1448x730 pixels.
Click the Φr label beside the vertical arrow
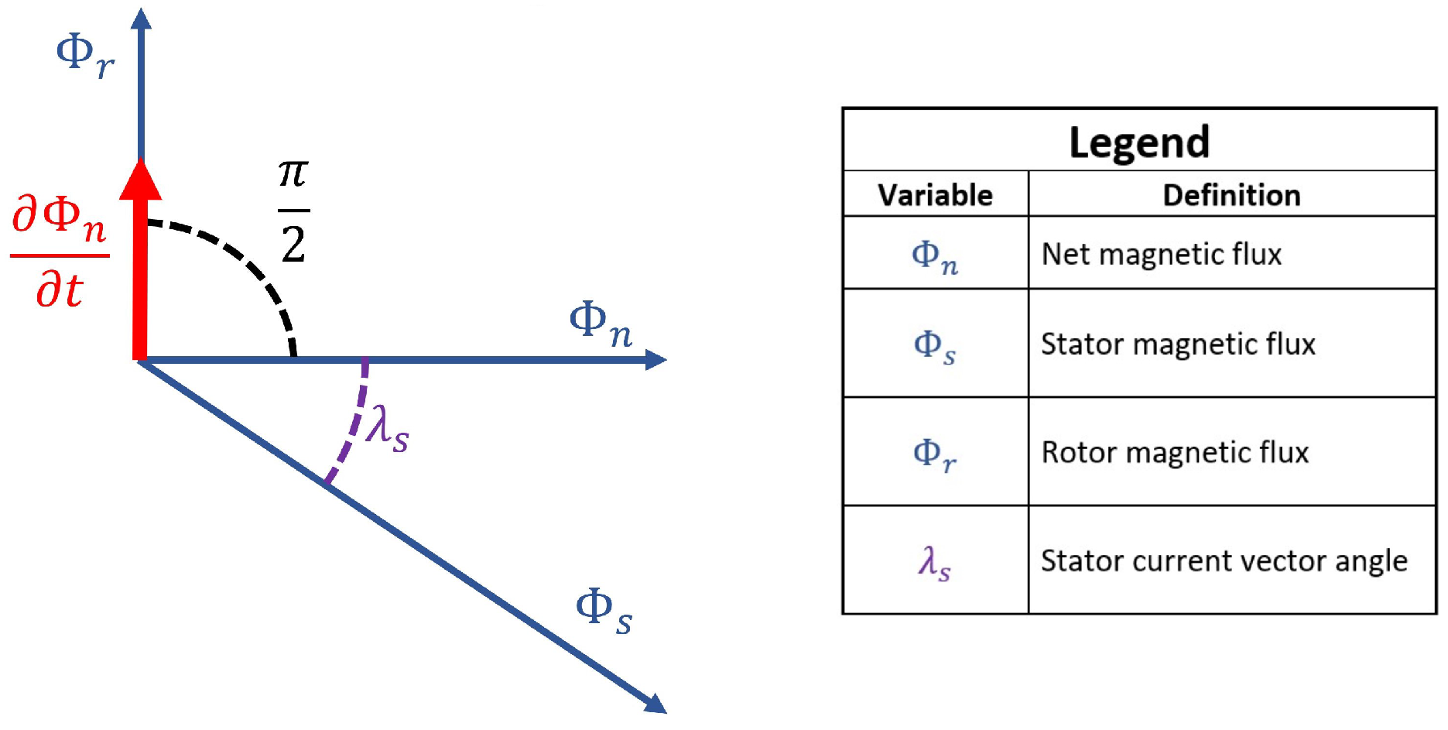(x=84, y=55)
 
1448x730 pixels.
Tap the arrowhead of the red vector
(x=141, y=180)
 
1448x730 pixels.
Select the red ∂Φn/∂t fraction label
(x=60, y=252)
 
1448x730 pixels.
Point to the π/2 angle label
(x=293, y=211)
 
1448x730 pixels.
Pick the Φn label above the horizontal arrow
(x=601, y=323)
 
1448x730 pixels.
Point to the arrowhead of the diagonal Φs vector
(x=656, y=703)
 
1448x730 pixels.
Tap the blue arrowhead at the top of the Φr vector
(x=141, y=19)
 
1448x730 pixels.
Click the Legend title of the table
(x=1139, y=142)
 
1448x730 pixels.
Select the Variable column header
(x=935, y=195)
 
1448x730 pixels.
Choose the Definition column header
(x=1231, y=195)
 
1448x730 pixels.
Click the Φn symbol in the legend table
(x=935, y=256)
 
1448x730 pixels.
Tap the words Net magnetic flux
(x=1161, y=254)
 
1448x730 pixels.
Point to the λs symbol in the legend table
(x=934, y=562)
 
